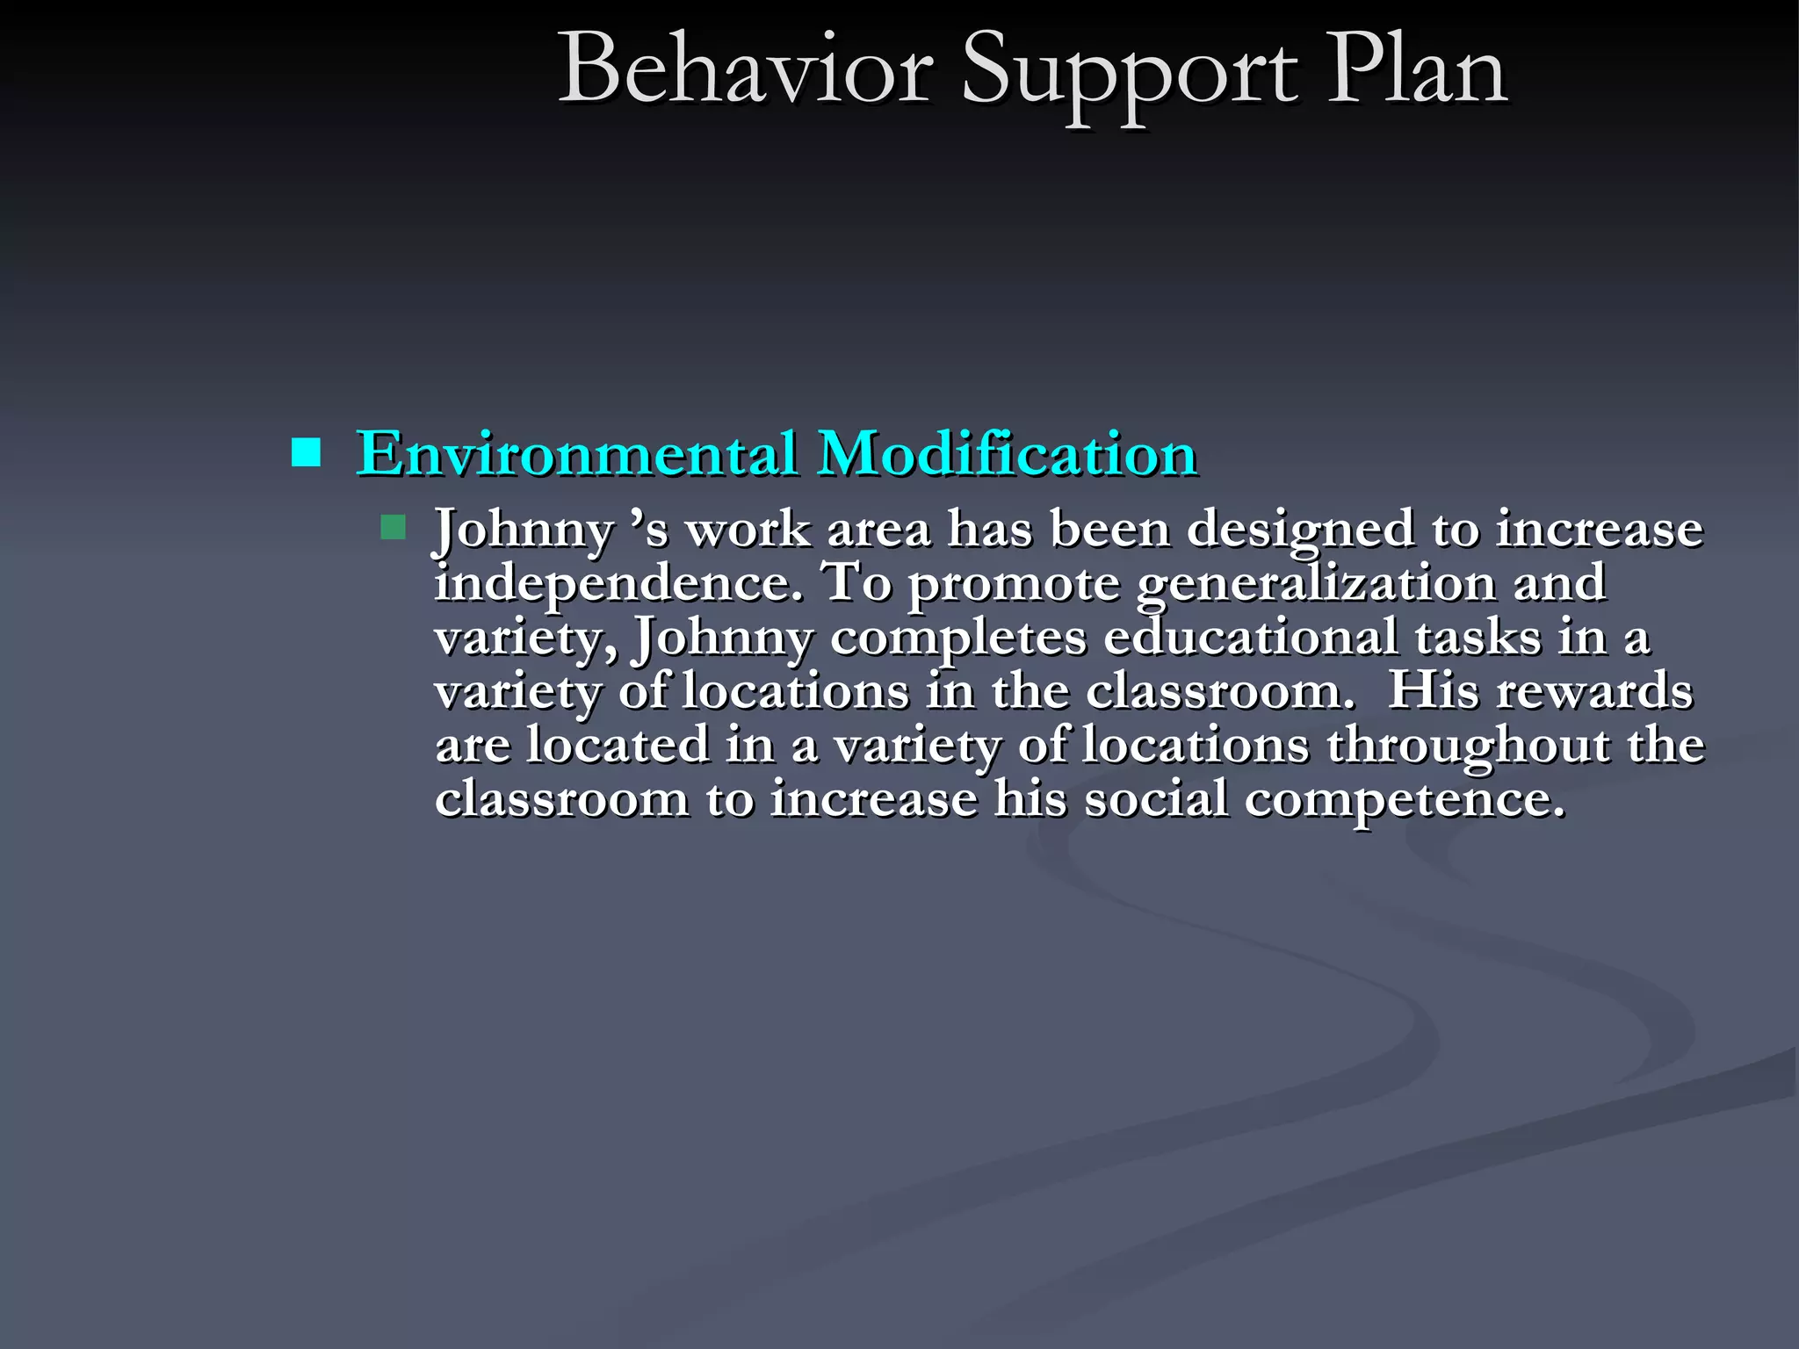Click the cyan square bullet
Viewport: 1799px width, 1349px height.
[306, 453]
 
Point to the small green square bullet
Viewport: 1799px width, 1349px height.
[393, 527]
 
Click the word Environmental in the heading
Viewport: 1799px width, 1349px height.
[576, 454]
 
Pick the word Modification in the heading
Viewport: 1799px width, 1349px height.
[1007, 454]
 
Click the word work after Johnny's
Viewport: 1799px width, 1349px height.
[748, 530]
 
